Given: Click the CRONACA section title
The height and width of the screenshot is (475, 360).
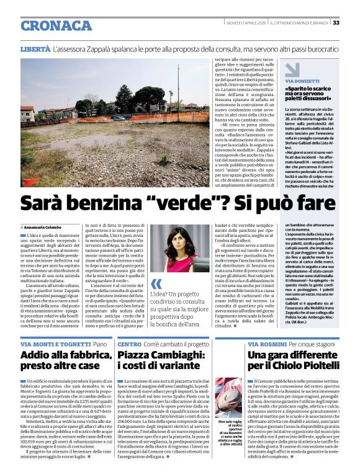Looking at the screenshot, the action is [x=56, y=25].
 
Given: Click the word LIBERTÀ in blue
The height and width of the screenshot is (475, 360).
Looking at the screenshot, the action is [x=35, y=48].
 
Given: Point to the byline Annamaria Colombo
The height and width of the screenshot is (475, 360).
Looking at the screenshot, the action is [x=47, y=228].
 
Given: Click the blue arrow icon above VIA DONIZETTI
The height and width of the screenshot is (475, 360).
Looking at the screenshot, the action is [x=292, y=69].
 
